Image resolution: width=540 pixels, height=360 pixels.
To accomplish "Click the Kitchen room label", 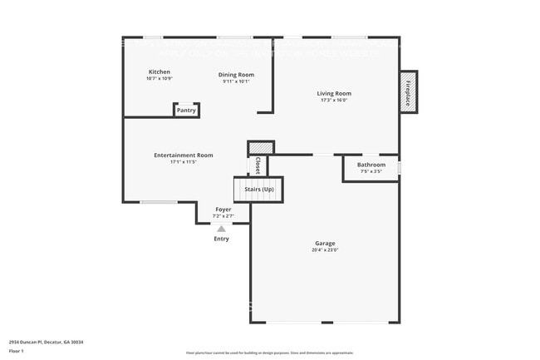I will (160, 72).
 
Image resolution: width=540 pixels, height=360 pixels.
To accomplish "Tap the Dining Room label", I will (237, 75).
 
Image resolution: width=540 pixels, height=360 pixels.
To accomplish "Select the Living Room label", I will (334, 94).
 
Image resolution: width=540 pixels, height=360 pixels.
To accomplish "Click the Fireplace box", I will (408, 92).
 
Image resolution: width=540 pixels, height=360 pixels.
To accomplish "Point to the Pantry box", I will (186, 110).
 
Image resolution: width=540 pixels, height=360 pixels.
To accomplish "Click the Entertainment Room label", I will (183, 155).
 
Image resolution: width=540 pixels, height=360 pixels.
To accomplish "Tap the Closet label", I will (258, 165).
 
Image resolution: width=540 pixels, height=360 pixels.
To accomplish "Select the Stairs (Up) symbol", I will (258, 190).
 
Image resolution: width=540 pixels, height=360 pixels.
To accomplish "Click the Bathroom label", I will (371, 165).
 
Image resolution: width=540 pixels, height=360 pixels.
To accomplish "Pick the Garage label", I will (325, 244).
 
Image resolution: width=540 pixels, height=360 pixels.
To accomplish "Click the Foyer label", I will (223, 210).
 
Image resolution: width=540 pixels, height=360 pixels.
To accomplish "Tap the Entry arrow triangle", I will (221, 229).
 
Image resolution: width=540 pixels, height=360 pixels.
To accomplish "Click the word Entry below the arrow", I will (221, 239).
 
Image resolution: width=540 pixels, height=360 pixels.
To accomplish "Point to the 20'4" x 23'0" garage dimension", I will (325, 250).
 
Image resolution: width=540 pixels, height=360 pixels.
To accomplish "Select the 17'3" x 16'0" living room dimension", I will (334, 101).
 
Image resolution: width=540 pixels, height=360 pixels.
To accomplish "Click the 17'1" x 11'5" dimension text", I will (183, 161).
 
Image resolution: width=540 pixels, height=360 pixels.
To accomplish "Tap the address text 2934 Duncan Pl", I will (46, 342).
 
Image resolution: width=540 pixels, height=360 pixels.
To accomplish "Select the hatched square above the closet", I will (261, 147).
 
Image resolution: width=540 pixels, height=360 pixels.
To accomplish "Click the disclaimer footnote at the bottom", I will (269, 353).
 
